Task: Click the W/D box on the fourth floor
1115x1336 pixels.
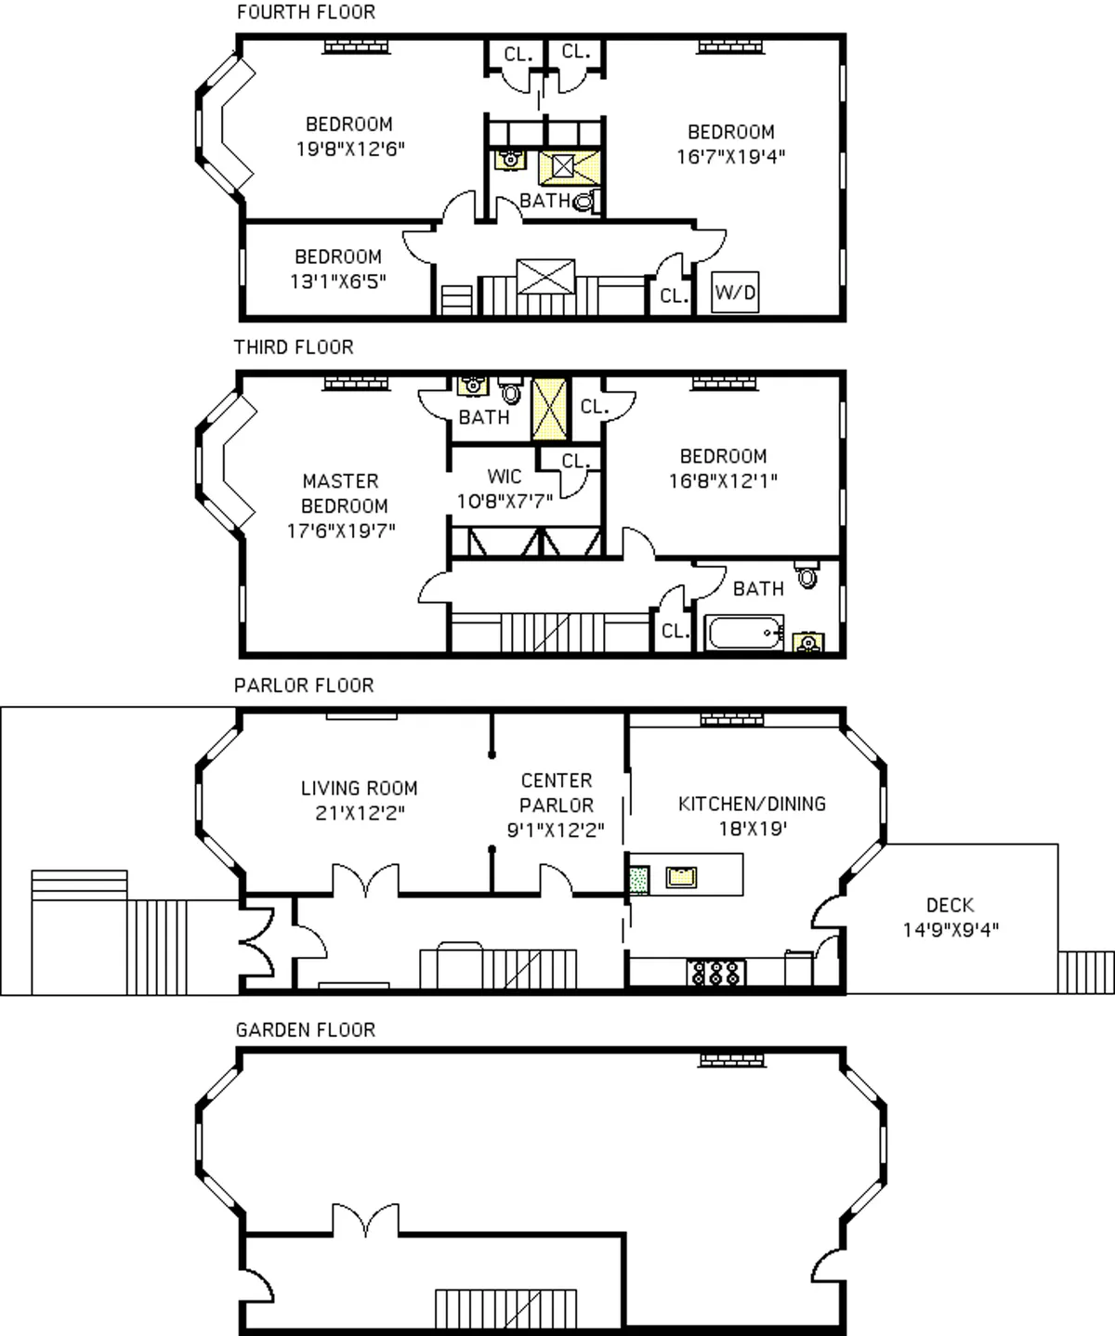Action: (x=734, y=293)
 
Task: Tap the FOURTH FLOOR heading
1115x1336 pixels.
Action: (x=306, y=12)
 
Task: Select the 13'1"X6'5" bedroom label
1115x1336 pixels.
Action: (x=337, y=269)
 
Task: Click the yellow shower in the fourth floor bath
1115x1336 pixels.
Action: (x=564, y=167)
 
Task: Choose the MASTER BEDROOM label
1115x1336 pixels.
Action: (x=341, y=505)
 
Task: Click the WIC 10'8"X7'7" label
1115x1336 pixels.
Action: (x=505, y=489)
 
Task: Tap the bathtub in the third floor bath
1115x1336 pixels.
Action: (x=744, y=634)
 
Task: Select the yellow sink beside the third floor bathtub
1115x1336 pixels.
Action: (x=807, y=641)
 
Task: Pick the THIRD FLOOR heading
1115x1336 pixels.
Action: (x=294, y=347)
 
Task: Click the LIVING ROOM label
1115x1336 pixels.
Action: (x=359, y=800)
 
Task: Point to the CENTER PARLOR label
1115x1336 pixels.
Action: (x=556, y=805)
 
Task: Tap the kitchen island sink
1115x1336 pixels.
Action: (x=681, y=876)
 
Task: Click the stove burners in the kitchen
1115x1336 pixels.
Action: (x=716, y=973)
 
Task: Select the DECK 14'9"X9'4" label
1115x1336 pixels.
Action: (x=950, y=917)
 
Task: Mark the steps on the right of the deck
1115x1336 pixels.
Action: (x=1085, y=973)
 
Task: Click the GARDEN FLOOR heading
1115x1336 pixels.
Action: (x=305, y=1029)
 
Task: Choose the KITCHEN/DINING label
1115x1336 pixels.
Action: (x=752, y=815)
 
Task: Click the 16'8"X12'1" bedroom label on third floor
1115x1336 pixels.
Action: (x=723, y=468)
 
